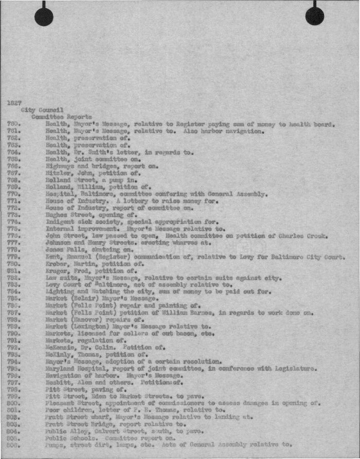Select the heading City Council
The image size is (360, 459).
[x=43, y=110]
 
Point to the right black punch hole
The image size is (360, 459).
[x=314, y=16]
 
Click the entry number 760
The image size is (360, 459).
[x=14, y=124]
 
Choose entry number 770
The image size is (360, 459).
[x=14, y=194]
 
